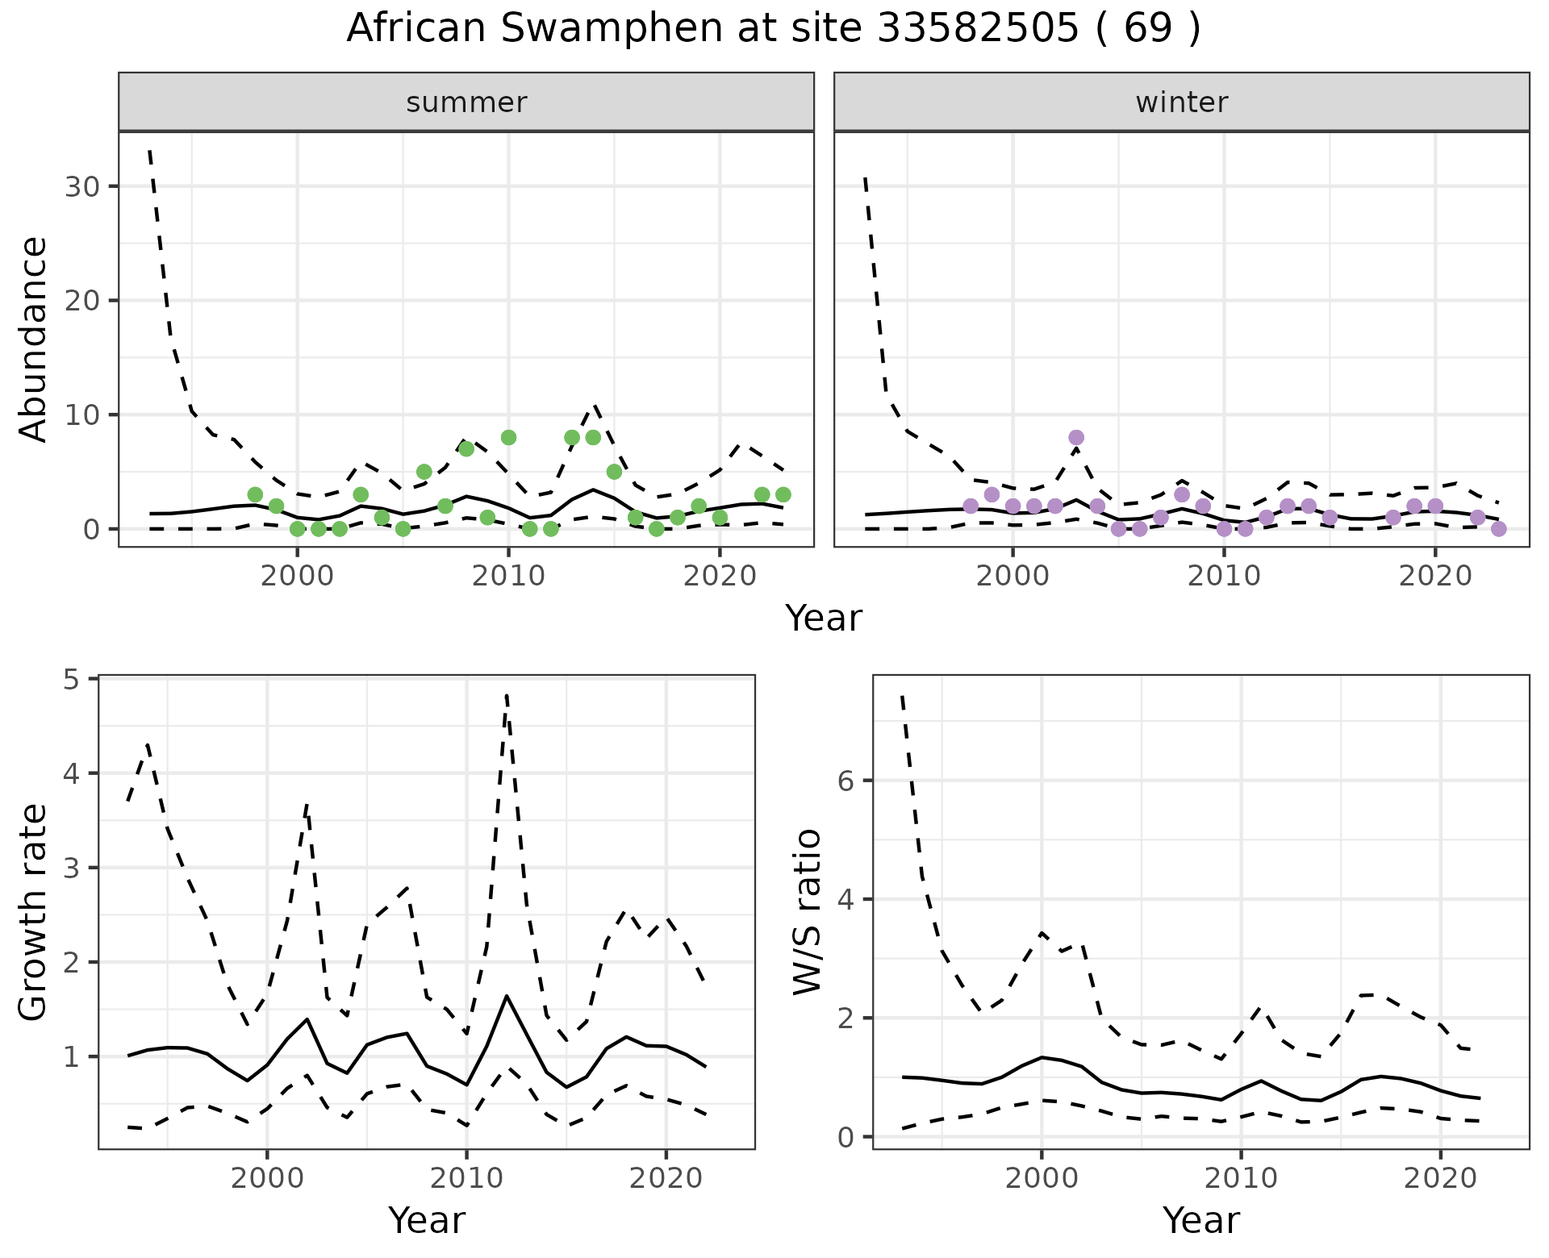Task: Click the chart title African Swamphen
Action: pos(773,29)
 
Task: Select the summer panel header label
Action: pos(466,102)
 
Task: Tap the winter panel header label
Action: pos(1181,102)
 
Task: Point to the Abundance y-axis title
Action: pos(33,339)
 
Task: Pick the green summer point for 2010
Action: pos(508,437)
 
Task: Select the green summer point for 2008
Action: pos(466,448)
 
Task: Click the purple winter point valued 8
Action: pos(1076,437)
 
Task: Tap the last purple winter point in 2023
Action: pos(1498,529)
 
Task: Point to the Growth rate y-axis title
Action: pos(33,913)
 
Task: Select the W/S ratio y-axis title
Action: pos(808,913)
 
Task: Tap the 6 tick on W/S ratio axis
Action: pos(854,780)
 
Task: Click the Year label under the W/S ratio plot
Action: pos(1200,1220)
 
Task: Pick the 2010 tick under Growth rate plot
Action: pos(466,1178)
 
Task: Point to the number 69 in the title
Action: pos(1147,29)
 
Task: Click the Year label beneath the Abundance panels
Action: pos(824,619)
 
